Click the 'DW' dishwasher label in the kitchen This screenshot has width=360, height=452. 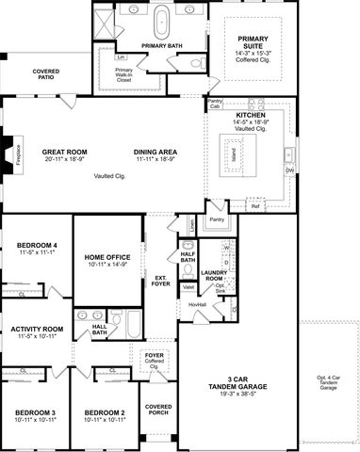point(289,170)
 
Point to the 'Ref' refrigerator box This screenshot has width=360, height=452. point(255,205)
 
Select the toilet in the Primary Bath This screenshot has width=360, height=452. point(197,63)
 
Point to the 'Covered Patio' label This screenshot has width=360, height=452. point(46,75)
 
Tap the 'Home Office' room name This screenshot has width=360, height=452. point(107,257)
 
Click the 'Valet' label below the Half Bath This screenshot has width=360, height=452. point(188,287)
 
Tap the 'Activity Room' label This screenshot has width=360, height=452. point(37,329)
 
